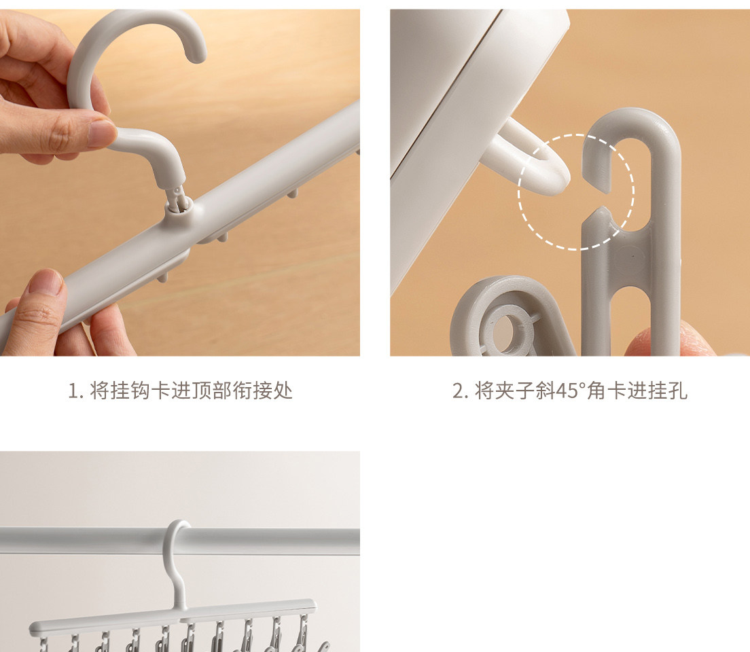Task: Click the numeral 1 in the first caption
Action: click(73, 391)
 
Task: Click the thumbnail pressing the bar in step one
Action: click(46, 283)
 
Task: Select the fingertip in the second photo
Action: click(670, 339)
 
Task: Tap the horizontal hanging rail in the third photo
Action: click(180, 541)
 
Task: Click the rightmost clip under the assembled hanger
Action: click(303, 633)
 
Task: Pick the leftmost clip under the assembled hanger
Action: click(44, 643)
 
